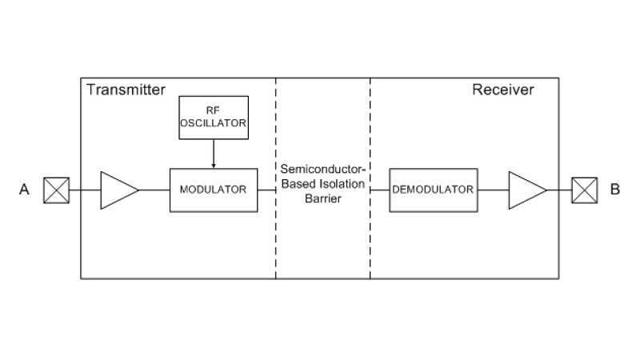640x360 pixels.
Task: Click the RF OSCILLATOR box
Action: [214, 118]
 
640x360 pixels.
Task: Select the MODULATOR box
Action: [214, 190]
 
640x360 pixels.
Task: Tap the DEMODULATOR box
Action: [434, 190]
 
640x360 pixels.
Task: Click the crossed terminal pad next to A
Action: [56, 190]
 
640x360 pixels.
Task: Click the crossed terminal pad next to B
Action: [585, 190]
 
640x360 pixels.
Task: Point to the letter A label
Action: [24, 190]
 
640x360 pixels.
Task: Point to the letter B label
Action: [614, 190]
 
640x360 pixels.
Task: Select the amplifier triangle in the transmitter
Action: [119, 190]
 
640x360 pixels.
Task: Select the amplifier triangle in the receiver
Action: [527, 190]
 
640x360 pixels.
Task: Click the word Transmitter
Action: [126, 90]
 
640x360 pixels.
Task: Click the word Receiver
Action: [503, 90]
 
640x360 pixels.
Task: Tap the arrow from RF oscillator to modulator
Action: [214, 154]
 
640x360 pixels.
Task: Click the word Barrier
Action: [323, 198]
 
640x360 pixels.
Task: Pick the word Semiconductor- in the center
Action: [323, 169]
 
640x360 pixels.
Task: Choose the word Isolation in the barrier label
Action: [342, 184]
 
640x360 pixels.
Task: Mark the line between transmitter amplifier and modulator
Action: [154, 190]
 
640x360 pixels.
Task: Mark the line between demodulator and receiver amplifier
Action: [493, 190]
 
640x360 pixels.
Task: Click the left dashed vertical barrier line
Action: [276, 178]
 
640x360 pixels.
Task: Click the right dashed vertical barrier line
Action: [370, 178]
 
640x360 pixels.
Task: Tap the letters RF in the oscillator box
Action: [213, 110]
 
